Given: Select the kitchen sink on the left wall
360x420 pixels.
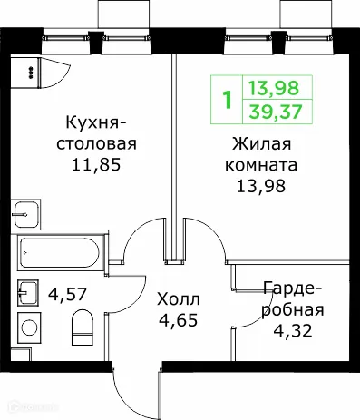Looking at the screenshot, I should (25, 214).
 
